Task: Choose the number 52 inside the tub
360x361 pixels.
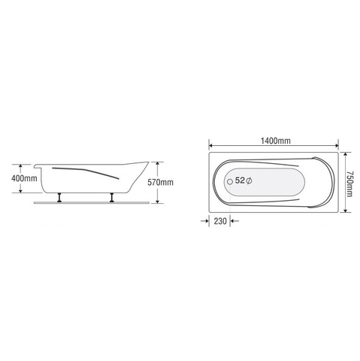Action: (241, 181)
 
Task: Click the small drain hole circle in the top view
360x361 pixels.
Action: (229, 181)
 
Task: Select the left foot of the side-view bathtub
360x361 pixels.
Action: (59, 198)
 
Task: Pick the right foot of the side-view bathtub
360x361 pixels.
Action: (112, 198)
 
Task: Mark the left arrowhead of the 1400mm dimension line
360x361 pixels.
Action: (211, 147)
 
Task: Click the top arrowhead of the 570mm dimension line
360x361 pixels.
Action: (156, 162)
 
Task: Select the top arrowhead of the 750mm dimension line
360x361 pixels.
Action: (346, 153)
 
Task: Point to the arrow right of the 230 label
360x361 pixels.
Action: (232, 220)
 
